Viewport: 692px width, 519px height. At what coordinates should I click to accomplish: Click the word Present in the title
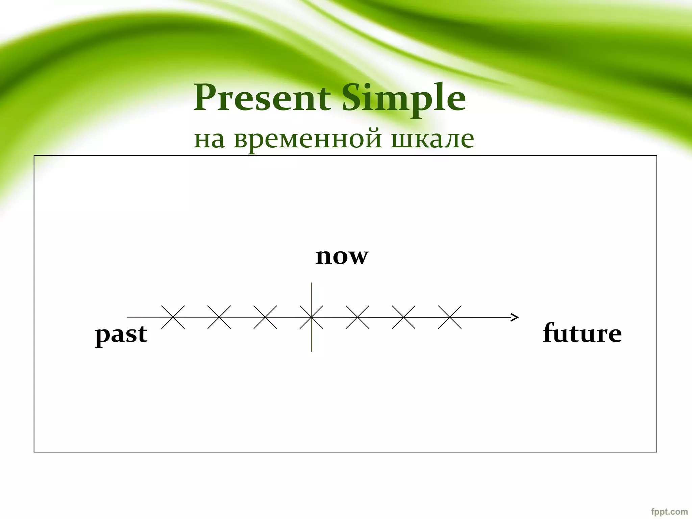pyautogui.click(x=262, y=98)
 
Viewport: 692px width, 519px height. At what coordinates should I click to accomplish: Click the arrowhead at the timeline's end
pyautogui.click(x=515, y=317)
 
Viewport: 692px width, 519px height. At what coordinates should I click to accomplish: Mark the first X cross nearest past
pyautogui.click(x=173, y=317)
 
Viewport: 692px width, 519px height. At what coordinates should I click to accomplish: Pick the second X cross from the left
pyautogui.click(x=219, y=317)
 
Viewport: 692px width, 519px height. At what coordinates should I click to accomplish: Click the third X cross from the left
pyautogui.click(x=265, y=317)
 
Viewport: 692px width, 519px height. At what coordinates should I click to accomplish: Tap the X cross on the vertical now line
pyautogui.click(x=311, y=317)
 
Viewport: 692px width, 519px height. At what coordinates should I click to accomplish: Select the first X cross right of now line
pyautogui.click(x=357, y=317)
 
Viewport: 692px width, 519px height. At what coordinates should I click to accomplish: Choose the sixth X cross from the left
pyautogui.click(x=403, y=317)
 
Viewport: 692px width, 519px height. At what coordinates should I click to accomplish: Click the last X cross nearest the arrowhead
pyautogui.click(x=450, y=317)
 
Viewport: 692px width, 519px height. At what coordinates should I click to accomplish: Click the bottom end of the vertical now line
pyautogui.click(x=311, y=350)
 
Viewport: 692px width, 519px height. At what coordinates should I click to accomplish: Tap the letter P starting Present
pyautogui.click(x=203, y=98)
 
